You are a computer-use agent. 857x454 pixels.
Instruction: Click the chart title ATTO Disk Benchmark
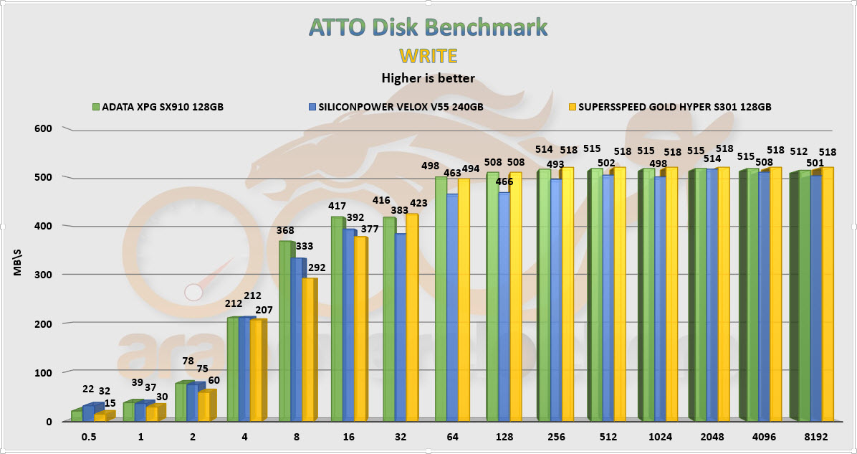pos(428,27)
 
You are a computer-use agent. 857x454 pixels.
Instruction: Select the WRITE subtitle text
pos(428,56)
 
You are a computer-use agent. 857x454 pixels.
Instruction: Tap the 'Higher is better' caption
pos(428,77)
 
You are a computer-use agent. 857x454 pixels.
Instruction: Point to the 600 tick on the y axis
pos(44,128)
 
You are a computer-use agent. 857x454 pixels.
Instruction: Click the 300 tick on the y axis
pos(44,275)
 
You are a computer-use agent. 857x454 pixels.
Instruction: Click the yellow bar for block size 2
pos(204,407)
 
